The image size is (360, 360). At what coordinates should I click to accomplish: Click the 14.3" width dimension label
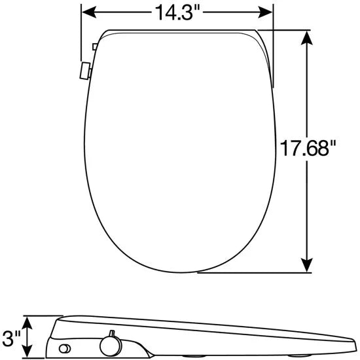coord(177,12)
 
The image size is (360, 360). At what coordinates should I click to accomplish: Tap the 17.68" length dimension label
coord(308,148)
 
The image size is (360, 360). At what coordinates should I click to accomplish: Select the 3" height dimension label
coord(11,338)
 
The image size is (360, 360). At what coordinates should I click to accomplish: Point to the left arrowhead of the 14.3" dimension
coord(89,12)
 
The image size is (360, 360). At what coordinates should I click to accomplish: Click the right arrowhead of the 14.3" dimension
coord(265,12)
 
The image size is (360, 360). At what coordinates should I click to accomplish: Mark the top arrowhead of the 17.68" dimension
coord(307,39)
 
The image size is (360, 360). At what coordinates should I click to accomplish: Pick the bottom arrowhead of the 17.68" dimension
coord(307,264)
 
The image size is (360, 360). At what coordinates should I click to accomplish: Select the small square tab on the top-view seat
coord(95,46)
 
